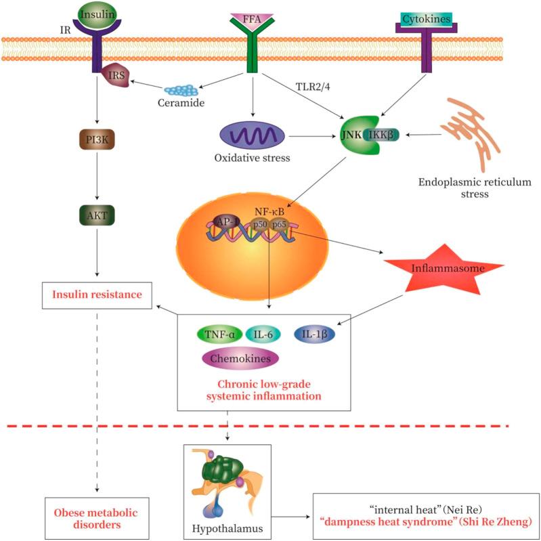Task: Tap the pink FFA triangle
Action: pos(251,17)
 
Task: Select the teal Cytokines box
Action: pos(427,19)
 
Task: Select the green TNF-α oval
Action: pos(219,334)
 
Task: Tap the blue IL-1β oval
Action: pos(316,334)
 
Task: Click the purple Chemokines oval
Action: pos(241,358)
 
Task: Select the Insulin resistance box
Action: pos(96,294)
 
